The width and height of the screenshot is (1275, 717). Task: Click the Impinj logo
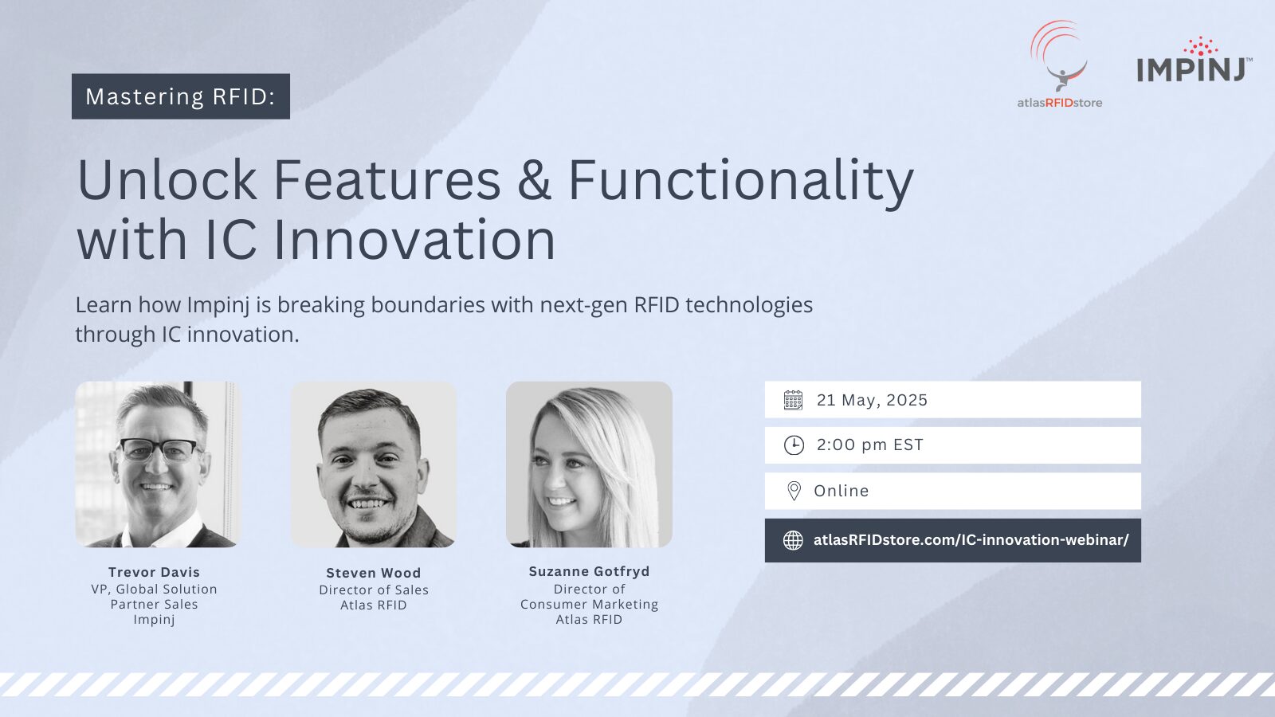[x=1195, y=61]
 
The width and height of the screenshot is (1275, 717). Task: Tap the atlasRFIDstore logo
[x=1059, y=65]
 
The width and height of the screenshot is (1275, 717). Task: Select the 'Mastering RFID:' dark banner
[x=180, y=96]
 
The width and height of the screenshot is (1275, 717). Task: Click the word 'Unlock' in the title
[x=167, y=180]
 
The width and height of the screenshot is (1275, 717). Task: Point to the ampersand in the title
[x=534, y=180]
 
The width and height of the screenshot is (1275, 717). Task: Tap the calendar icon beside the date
[x=793, y=400]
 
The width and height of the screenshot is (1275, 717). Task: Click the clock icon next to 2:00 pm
[x=794, y=445]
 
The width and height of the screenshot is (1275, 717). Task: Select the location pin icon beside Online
[x=794, y=491]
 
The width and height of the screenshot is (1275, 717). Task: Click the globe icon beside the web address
[x=793, y=540]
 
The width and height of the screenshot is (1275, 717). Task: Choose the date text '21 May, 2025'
[x=872, y=400]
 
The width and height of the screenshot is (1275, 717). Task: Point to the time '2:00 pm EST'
[x=869, y=445]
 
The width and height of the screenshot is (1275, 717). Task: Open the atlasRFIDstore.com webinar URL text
[x=971, y=540]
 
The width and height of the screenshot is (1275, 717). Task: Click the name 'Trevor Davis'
[x=155, y=572]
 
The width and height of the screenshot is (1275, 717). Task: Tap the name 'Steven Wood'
[x=374, y=573]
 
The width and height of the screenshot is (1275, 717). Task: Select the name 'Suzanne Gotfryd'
[x=589, y=571]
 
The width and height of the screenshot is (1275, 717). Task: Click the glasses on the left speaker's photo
[x=159, y=450]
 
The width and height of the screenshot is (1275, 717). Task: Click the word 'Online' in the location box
[x=841, y=491]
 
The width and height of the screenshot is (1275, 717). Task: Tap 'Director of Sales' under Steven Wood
[x=374, y=590]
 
